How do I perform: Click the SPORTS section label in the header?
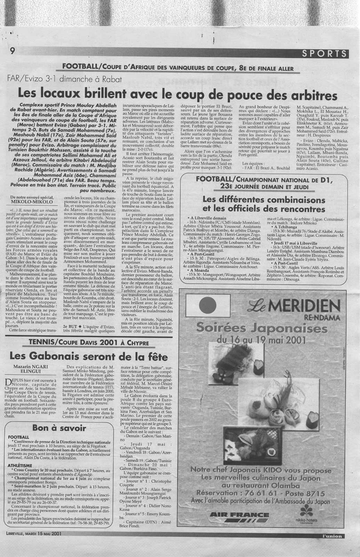[x=324, y=53]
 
